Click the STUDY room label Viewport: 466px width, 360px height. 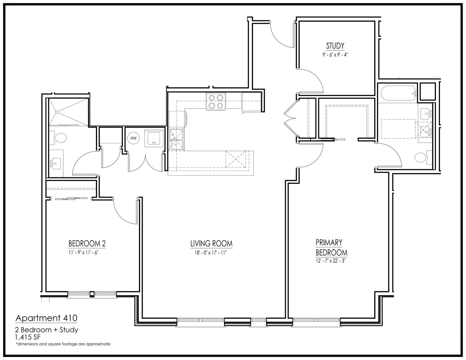pos(335,46)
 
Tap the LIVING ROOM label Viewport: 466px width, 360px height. pos(211,244)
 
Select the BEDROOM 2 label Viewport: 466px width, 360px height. pos(87,244)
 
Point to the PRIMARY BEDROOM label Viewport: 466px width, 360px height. pos(331,247)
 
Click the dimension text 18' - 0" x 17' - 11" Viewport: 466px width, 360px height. pos(211,253)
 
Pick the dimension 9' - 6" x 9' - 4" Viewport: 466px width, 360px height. pos(335,55)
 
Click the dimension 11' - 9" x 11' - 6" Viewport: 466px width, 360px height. pos(84,253)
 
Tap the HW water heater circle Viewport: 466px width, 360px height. pos(133,138)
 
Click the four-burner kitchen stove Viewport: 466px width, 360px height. pos(216,101)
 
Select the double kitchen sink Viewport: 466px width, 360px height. pos(176,139)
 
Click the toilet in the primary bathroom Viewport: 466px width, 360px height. pos(423,157)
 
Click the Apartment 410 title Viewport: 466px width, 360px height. pos(46,318)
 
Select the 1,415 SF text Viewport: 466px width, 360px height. pos(27,337)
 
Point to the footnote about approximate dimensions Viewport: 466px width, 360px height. pos(63,344)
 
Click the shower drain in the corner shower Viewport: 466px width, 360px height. pos(56,112)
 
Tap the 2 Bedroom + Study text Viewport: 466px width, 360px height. pos(47,330)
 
